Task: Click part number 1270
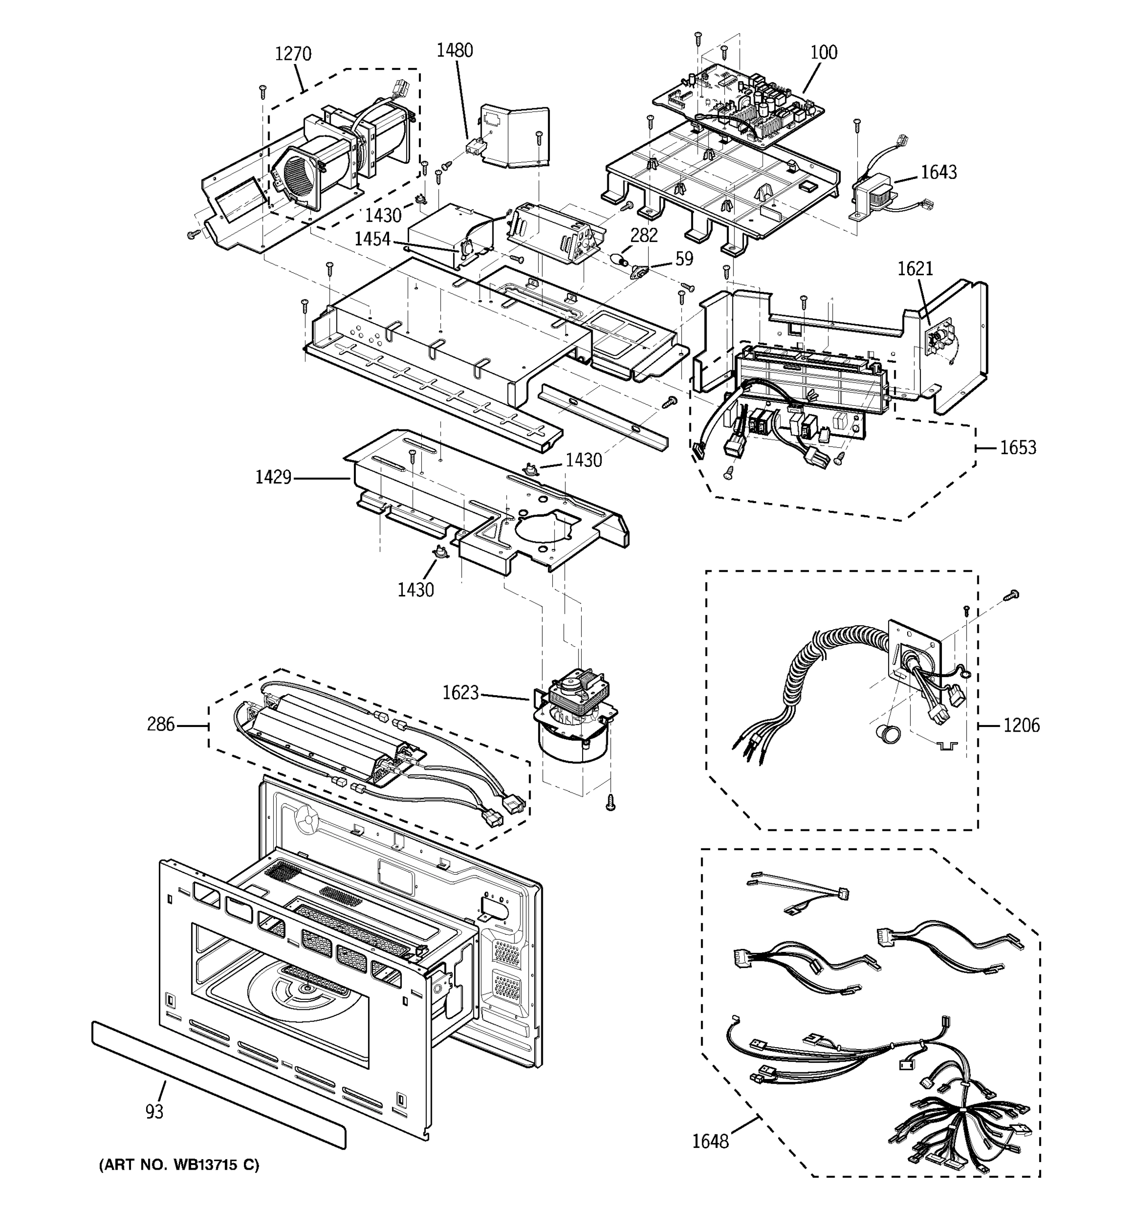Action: point(293,54)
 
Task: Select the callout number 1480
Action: point(455,50)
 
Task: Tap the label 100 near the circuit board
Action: point(824,52)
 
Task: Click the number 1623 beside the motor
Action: point(460,693)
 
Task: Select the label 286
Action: point(161,724)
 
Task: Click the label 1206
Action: point(1022,725)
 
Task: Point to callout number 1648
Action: point(710,1141)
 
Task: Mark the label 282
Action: point(644,235)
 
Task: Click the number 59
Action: point(684,259)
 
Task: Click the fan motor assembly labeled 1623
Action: point(574,718)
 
